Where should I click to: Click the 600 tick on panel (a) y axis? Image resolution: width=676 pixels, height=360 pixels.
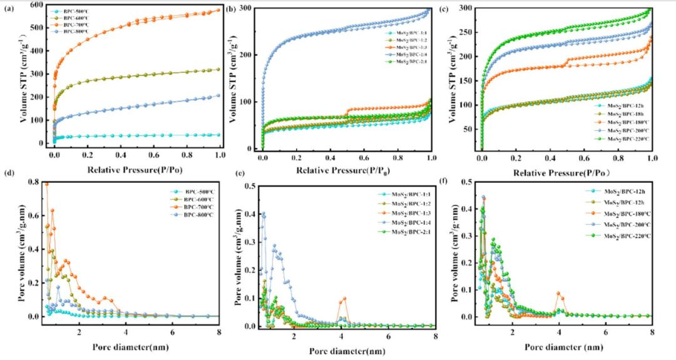[38, 6]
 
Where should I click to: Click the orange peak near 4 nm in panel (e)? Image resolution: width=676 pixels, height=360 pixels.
[344, 299]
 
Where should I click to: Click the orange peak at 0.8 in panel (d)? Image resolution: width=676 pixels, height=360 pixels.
[46, 183]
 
